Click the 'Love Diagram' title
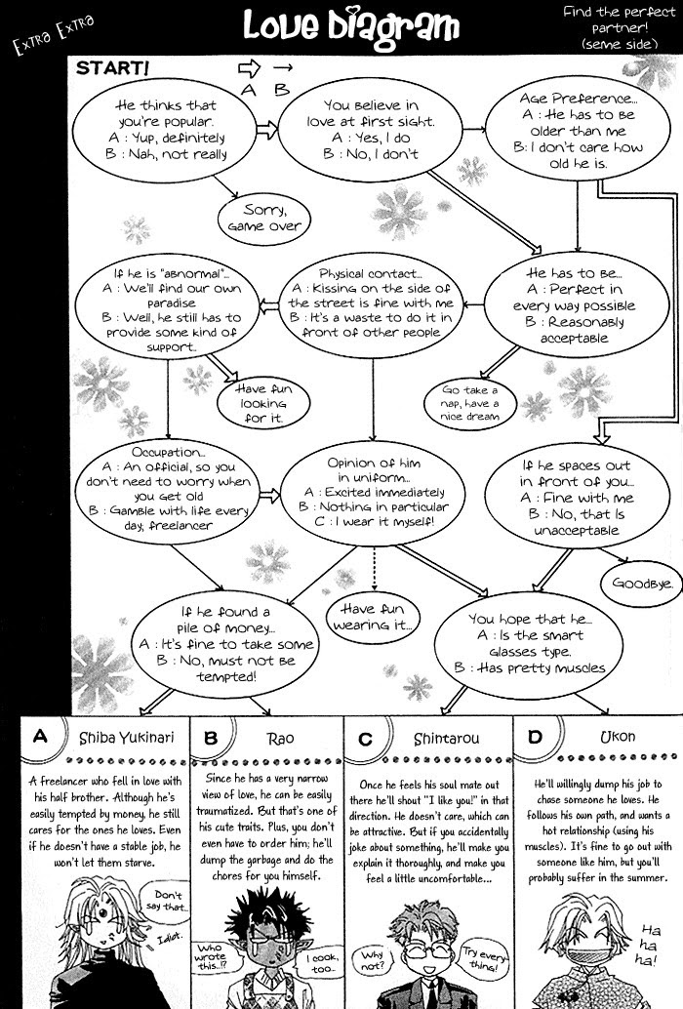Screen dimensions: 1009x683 tap(350, 28)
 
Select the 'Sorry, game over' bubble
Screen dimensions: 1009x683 tap(263, 217)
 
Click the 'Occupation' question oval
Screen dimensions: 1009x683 tap(168, 490)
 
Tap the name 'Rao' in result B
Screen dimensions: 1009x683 tap(279, 738)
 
